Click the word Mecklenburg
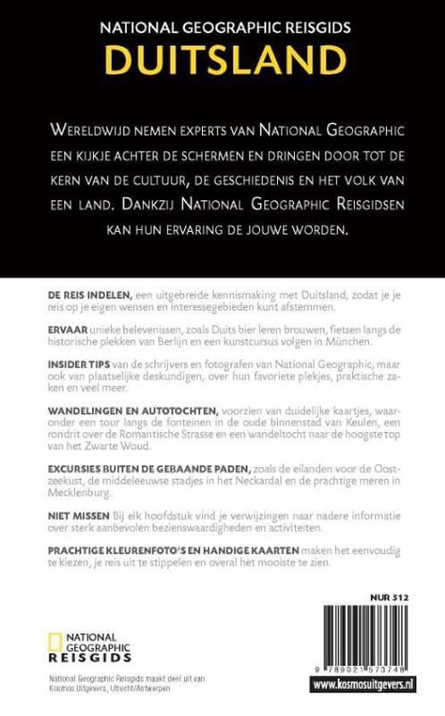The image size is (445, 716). point(71,494)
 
